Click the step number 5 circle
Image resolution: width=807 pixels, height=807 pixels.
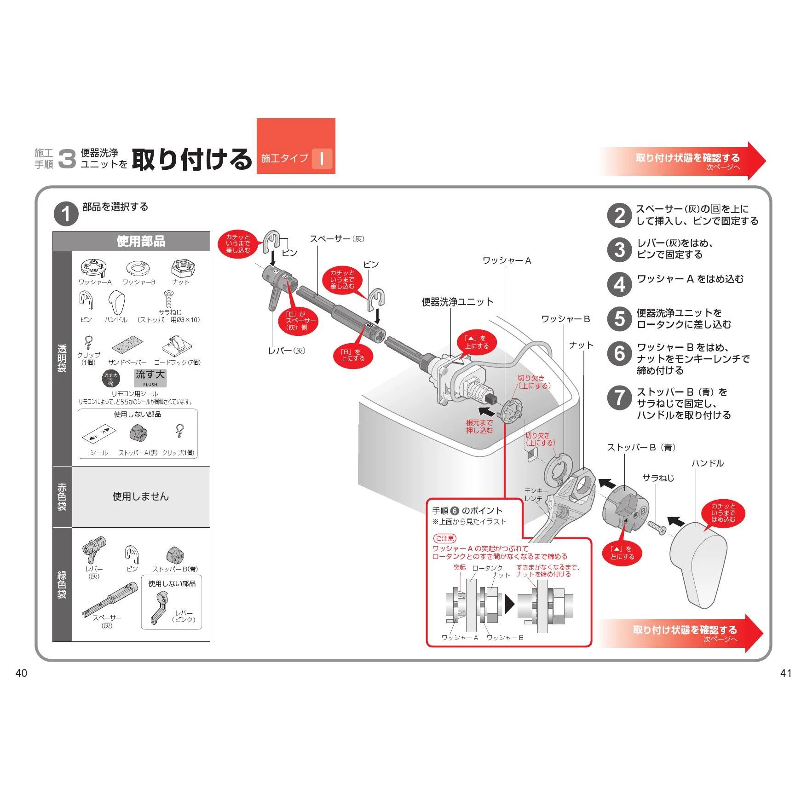(x=619, y=319)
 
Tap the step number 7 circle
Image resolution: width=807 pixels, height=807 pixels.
(x=619, y=398)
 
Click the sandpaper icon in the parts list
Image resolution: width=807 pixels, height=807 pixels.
(x=127, y=346)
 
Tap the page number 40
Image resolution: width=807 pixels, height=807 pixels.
(x=22, y=673)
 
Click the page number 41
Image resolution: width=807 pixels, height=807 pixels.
(x=786, y=673)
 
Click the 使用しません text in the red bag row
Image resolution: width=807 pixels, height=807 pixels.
(x=141, y=496)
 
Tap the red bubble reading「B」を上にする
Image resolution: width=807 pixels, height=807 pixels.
(x=353, y=355)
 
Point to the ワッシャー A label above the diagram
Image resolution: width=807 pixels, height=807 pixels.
(x=507, y=261)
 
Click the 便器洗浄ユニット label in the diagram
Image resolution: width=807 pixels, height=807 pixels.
(x=457, y=302)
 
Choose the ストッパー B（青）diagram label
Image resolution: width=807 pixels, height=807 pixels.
(x=641, y=447)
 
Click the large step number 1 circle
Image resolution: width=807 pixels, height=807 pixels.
(x=66, y=214)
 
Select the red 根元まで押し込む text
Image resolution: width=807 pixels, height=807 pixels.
(x=479, y=427)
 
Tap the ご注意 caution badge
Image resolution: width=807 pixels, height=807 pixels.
(x=444, y=538)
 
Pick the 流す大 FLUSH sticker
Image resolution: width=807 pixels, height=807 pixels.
(x=150, y=378)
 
